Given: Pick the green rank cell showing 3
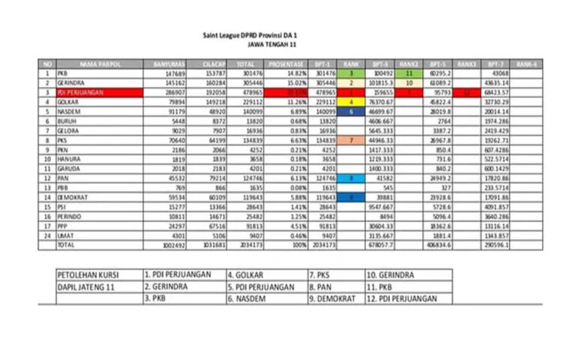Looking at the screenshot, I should pyautogui.click(x=350, y=73).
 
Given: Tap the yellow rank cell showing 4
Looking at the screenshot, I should pyautogui.click(x=350, y=100).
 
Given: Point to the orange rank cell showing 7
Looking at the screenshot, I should pyautogui.click(x=350, y=139).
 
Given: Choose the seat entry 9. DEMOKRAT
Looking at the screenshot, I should pyautogui.click(x=334, y=298).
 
